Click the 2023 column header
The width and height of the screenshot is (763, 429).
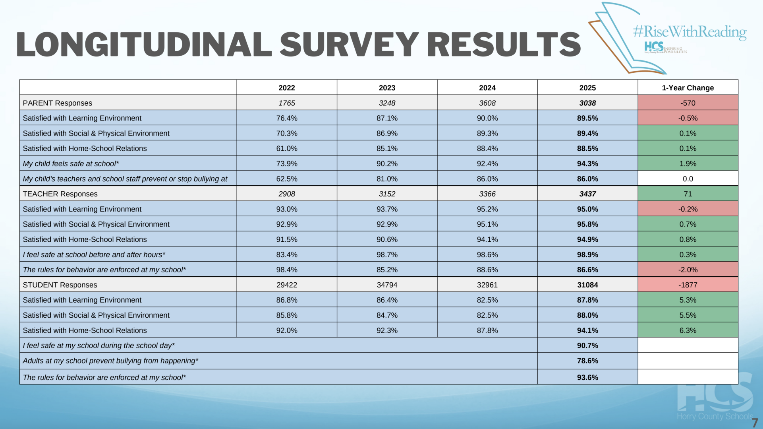pos(387,88)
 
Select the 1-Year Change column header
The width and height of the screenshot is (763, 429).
pos(688,88)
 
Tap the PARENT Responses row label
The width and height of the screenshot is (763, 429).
pos(58,103)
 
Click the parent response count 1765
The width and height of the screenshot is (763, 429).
pos(286,103)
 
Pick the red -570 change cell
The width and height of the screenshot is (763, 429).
pos(688,103)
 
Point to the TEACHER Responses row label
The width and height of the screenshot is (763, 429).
pos(60,194)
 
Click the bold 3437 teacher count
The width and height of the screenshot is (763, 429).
pos(587,194)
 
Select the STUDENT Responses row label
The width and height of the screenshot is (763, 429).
pos(60,285)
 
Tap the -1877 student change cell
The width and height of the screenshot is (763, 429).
pos(688,285)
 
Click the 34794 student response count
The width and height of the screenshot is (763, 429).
pos(387,285)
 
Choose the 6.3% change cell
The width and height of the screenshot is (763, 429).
pos(688,330)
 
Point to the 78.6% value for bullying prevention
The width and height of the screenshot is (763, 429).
pos(587,361)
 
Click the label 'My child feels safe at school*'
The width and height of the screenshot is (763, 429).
pos(71,164)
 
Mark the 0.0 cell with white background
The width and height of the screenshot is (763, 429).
pos(688,179)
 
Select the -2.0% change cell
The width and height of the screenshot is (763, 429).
pos(688,270)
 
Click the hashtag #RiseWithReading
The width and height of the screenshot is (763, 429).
pos(690,31)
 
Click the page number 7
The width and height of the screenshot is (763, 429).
pos(755,423)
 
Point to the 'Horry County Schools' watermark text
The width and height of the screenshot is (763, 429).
pos(715,416)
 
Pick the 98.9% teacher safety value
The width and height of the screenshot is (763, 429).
pos(587,254)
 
